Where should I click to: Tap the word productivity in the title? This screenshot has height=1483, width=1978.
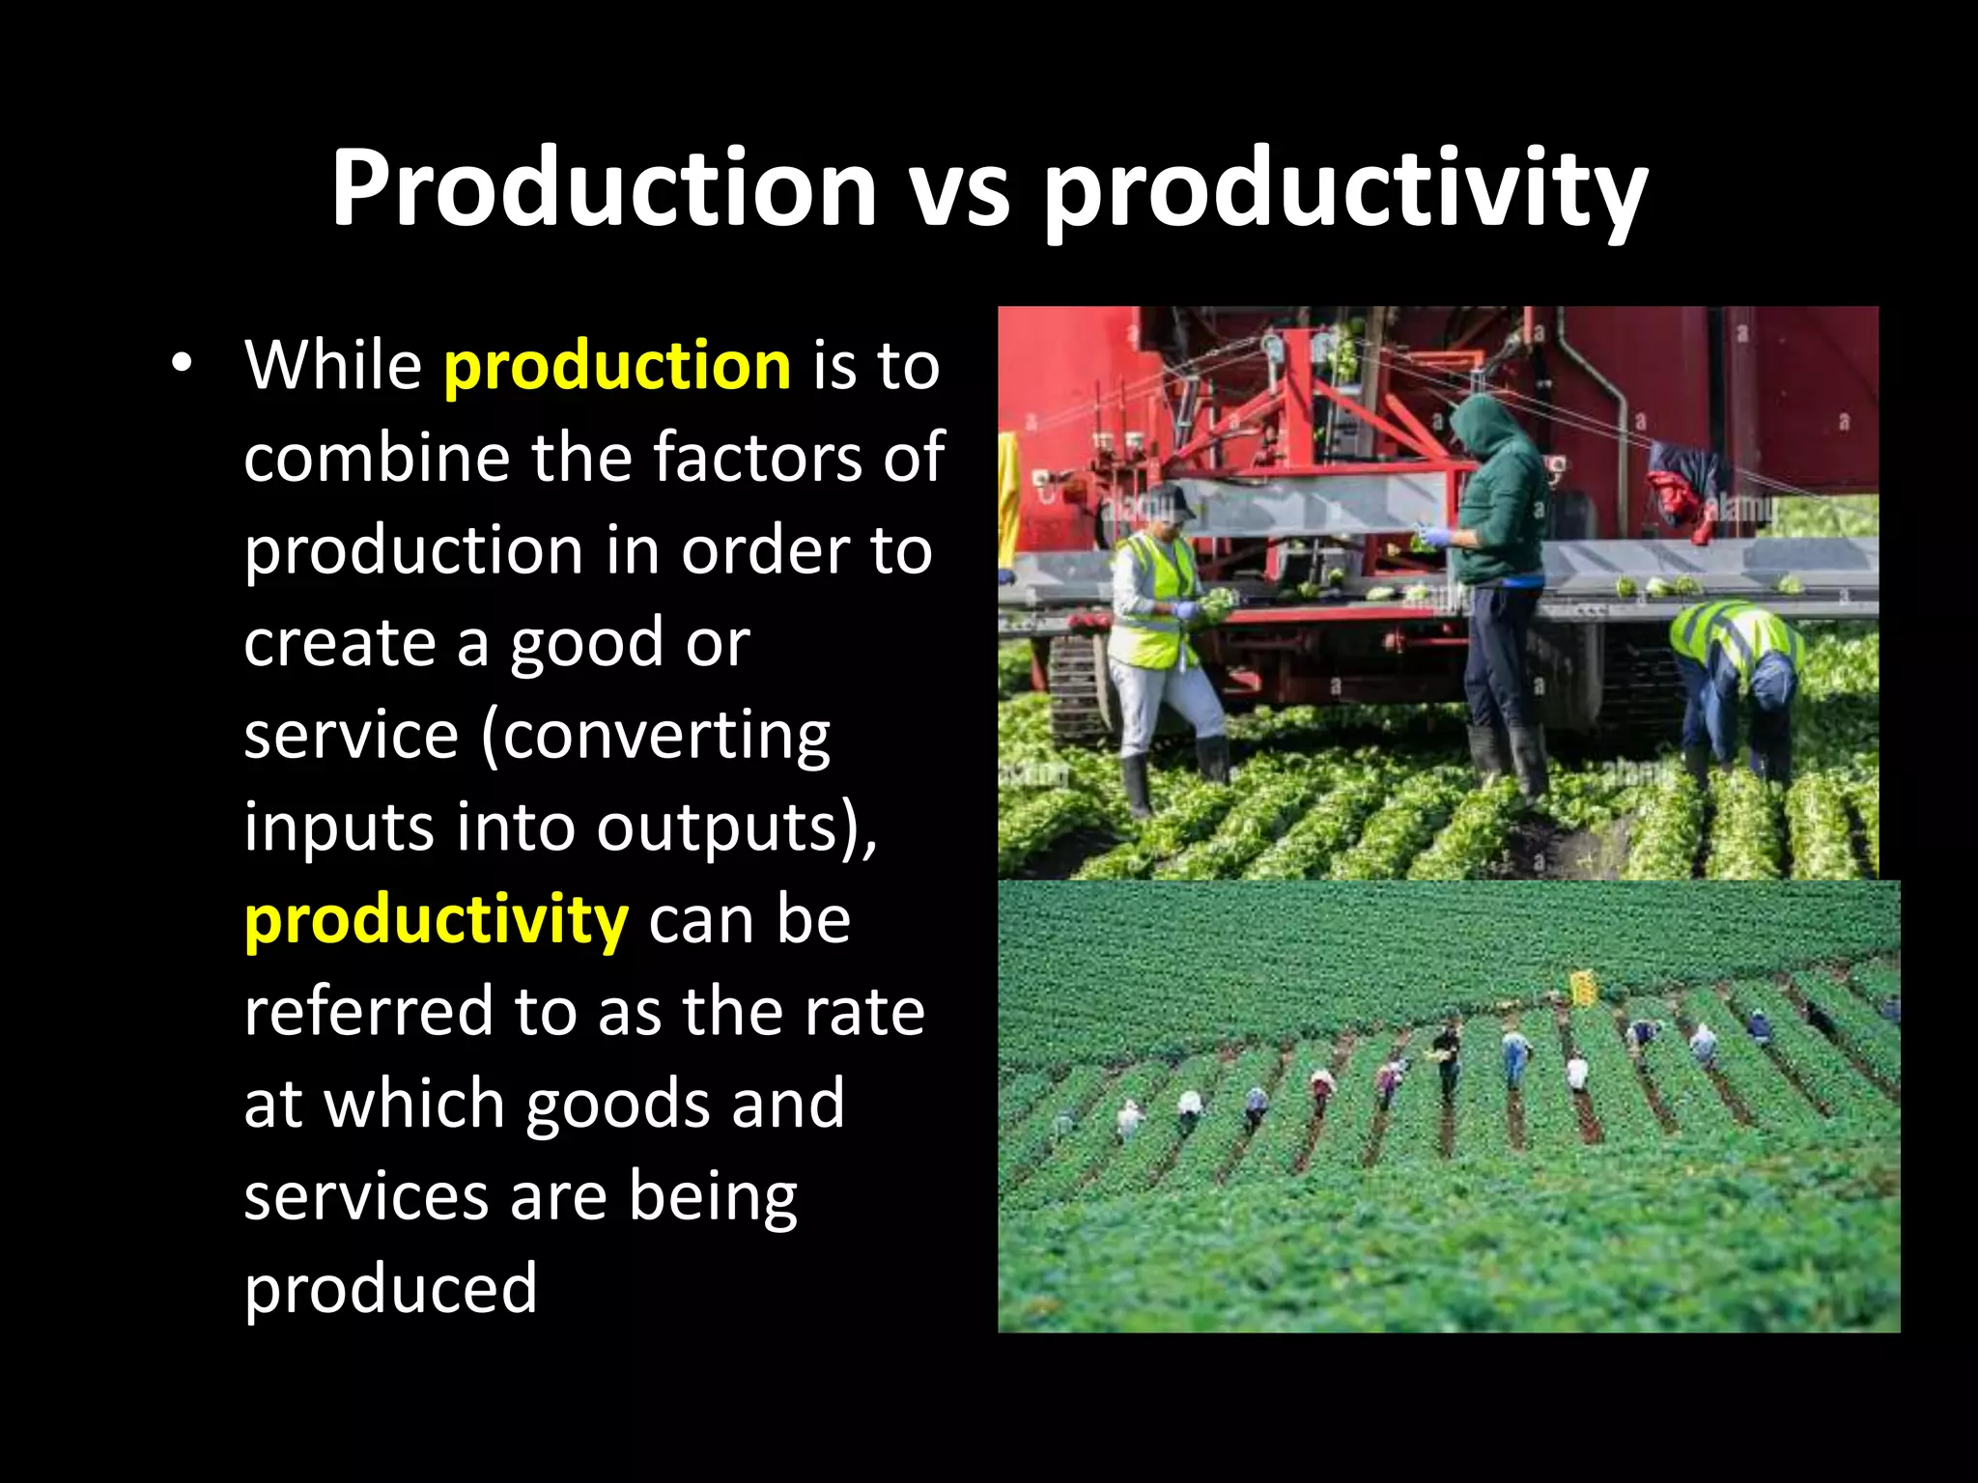tap(1344, 190)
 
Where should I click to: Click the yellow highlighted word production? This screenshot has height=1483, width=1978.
tap(617, 366)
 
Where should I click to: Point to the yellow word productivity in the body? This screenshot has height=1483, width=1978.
tap(437, 921)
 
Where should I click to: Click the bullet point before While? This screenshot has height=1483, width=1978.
tap(180, 364)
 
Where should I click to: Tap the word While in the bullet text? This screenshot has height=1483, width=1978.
tap(333, 366)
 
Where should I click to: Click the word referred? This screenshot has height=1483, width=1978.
tap(368, 1012)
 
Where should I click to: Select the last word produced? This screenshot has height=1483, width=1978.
tap(390, 1290)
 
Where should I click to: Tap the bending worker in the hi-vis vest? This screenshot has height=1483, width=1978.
tap(1738, 676)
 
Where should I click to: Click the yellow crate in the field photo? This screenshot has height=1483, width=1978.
tap(1583, 988)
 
